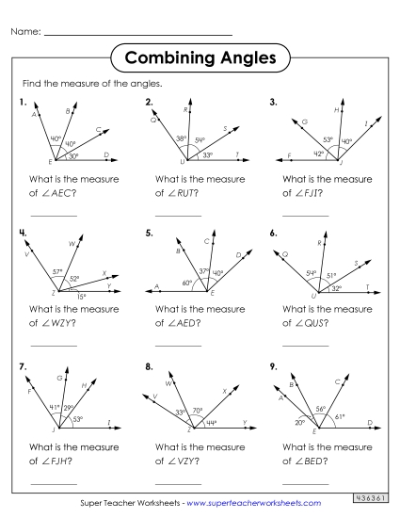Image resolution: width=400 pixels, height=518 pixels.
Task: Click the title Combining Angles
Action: pyautogui.click(x=200, y=57)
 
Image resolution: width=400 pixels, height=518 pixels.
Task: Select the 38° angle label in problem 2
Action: pyautogui.click(x=181, y=139)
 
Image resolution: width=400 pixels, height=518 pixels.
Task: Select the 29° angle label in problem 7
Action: pyautogui.click(x=69, y=408)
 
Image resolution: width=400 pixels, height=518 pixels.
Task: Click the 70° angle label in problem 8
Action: pyautogui.click(x=198, y=410)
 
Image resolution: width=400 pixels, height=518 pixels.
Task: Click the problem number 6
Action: pyautogui.click(x=273, y=232)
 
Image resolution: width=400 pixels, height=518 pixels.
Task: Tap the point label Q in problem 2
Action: pyautogui.click(x=152, y=120)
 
